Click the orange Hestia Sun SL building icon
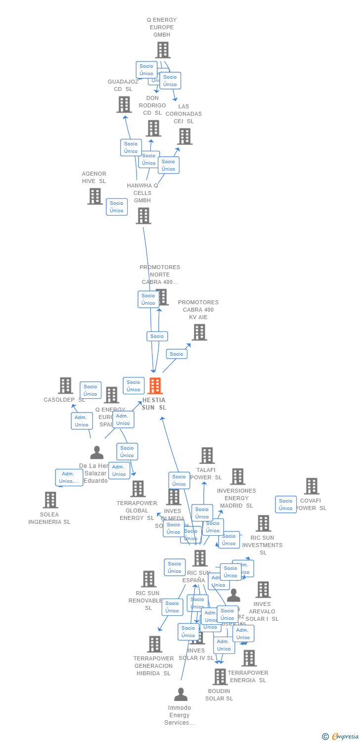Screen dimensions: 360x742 click(x=155, y=386)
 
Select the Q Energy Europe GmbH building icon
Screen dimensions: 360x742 click(x=163, y=50)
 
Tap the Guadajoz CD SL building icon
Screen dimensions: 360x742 click(x=124, y=104)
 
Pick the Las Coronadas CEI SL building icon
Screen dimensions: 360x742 click(x=184, y=136)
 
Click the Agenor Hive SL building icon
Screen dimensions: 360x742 click(x=94, y=196)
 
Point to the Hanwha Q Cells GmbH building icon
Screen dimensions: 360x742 click(x=143, y=216)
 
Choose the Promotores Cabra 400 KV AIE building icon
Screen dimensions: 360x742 click(x=199, y=332)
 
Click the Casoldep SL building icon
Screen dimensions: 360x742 click(x=65, y=385)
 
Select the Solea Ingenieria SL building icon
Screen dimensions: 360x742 click(x=50, y=500)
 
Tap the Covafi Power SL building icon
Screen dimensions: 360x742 click(x=312, y=486)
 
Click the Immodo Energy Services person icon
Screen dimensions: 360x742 click(x=181, y=695)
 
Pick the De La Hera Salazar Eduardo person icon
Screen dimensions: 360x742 click(x=97, y=453)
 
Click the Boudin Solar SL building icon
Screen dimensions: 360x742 click(x=220, y=677)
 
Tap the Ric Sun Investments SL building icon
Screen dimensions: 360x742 click(x=263, y=523)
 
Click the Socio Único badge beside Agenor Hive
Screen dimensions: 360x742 click(x=117, y=207)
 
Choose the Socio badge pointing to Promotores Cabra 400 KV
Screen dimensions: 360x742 click(x=177, y=354)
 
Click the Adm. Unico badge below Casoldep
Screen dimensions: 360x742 click(x=82, y=421)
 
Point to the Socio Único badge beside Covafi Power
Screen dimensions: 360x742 click(x=286, y=505)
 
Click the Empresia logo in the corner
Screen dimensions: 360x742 click(x=341, y=737)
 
